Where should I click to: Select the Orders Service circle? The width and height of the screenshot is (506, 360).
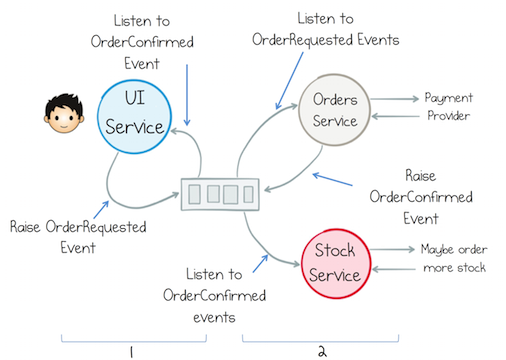click(337, 109)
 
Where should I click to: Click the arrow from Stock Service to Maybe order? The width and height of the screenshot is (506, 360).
click(393, 249)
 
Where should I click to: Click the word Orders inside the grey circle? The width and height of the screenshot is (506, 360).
click(337, 100)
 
